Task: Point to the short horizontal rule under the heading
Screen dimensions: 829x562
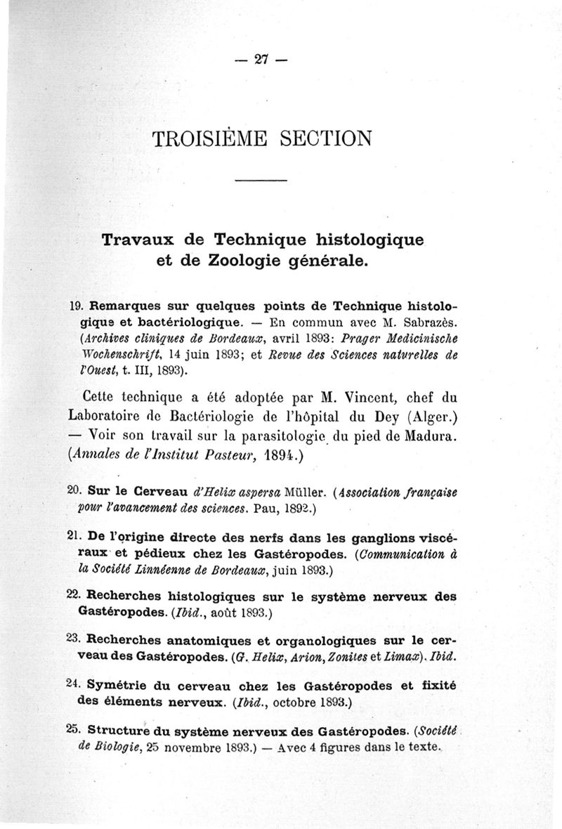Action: (x=261, y=183)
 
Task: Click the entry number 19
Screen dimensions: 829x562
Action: (x=78, y=307)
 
